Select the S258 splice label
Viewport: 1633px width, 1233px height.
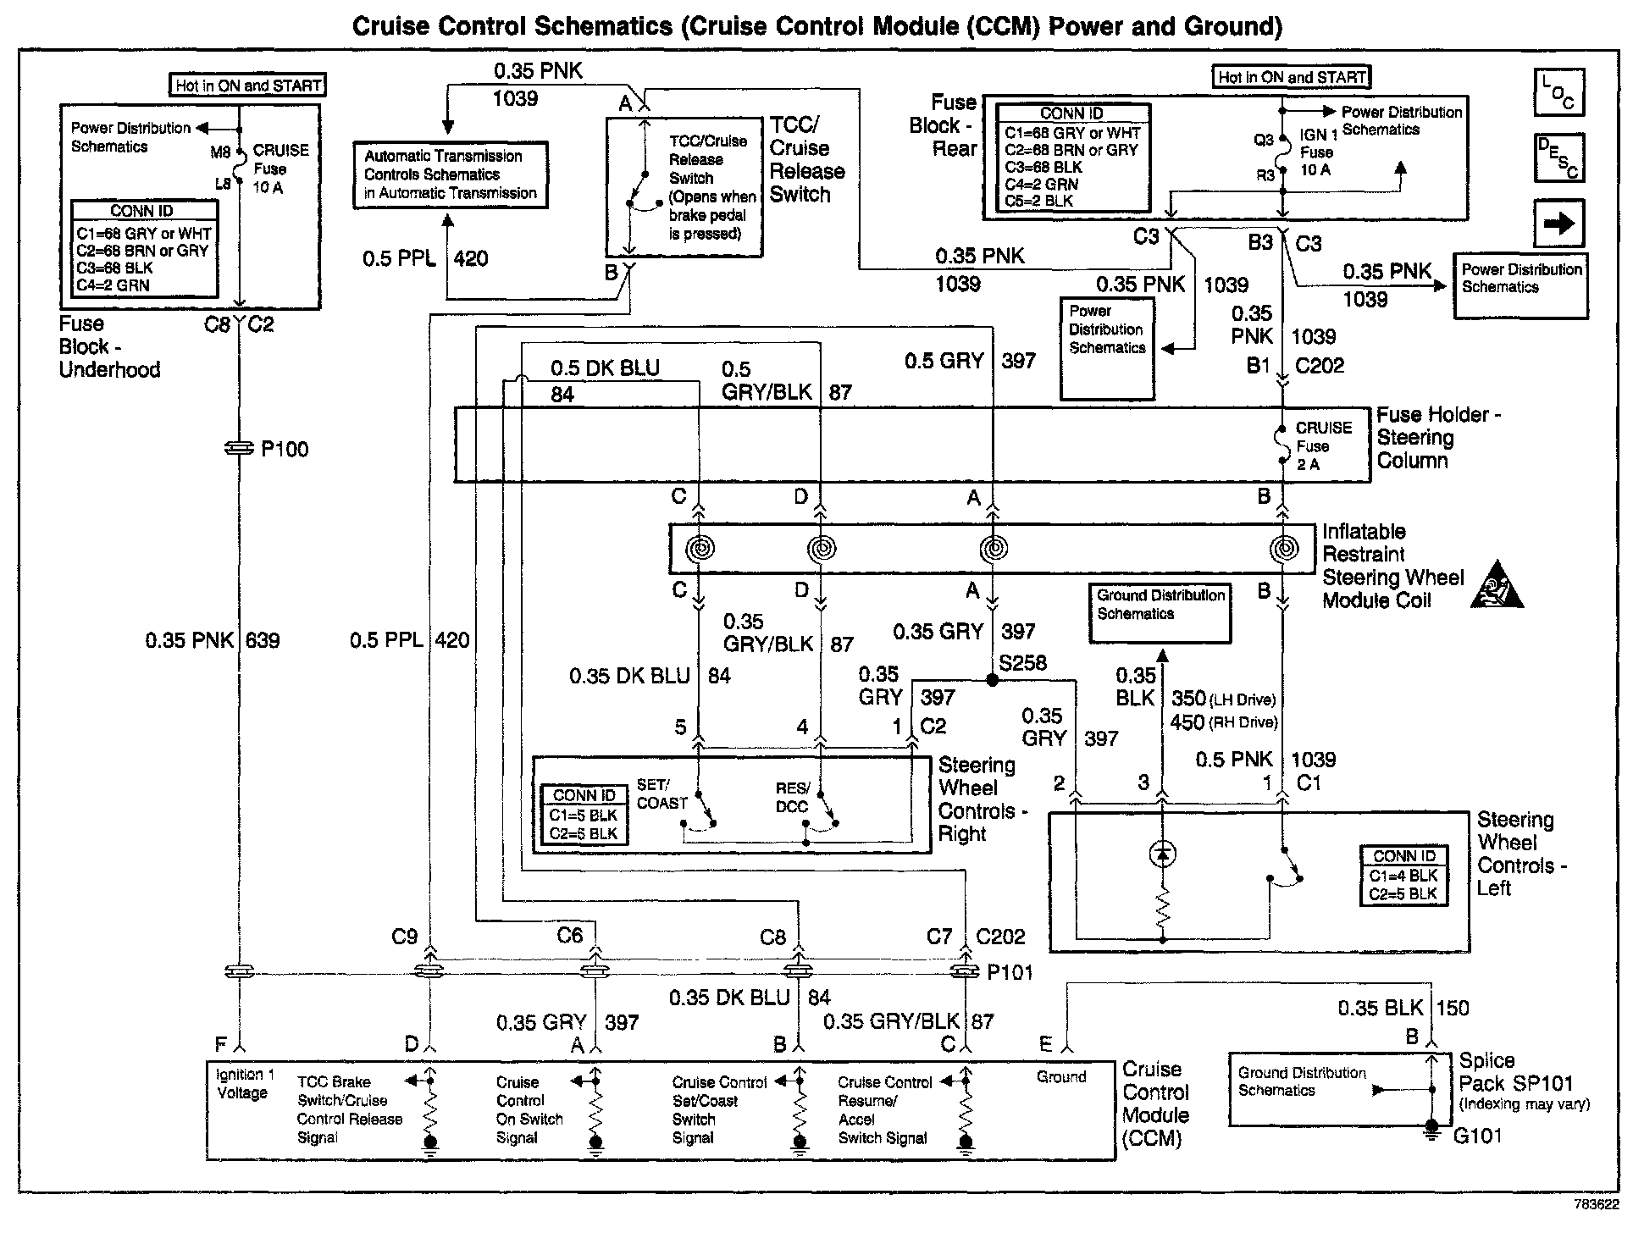(x=1022, y=663)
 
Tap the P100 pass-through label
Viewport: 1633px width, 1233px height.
(x=285, y=449)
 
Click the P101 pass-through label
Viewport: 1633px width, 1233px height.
(x=1010, y=972)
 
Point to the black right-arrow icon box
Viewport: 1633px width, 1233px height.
(x=1558, y=224)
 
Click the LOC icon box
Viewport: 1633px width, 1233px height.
(x=1558, y=91)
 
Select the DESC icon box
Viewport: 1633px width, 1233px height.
(x=1558, y=158)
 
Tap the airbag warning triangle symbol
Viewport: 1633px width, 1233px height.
(x=1497, y=586)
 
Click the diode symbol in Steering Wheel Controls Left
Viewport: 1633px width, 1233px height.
(x=1162, y=854)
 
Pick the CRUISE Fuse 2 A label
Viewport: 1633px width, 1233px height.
(x=1322, y=446)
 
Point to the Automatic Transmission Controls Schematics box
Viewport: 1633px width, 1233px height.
(x=451, y=174)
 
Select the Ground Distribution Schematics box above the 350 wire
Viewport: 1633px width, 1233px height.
(x=1160, y=612)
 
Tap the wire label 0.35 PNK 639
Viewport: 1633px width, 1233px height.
(x=213, y=640)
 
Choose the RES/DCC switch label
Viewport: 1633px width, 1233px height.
(x=793, y=797)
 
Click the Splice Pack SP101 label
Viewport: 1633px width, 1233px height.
(x=1516, y=1072)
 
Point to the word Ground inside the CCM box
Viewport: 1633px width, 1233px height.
(x=1061, y=1077)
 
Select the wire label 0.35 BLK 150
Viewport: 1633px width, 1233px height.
(x=1403, y=1008)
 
